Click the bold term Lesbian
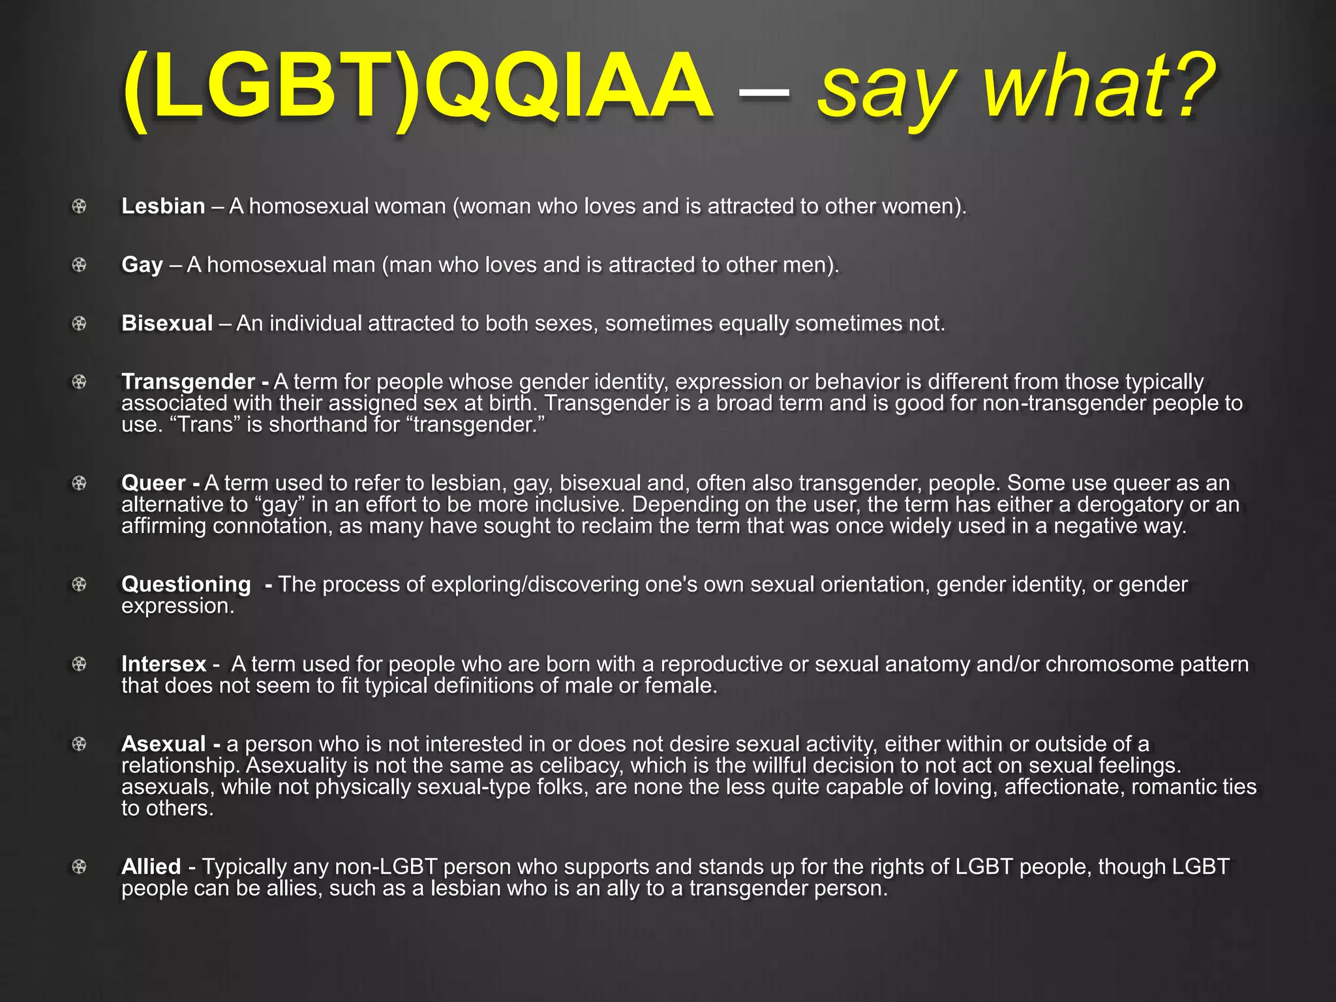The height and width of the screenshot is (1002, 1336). tap(163, 206)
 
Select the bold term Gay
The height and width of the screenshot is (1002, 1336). tap(142, 265)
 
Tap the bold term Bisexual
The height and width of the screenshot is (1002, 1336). tap(167, 324)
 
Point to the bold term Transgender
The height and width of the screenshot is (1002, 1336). tap(188, 382)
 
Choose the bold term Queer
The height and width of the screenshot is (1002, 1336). tap(153, 483)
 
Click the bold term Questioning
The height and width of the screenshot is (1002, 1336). tap(186, 584)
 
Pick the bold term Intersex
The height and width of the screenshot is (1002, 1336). tap(164, 664)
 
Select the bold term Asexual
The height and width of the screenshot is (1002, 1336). tap(164, 744)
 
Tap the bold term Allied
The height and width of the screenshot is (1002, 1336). tap(151, 867)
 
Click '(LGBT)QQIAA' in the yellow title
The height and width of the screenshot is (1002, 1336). tap(417, 88)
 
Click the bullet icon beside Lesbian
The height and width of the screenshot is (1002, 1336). tap(79, 207)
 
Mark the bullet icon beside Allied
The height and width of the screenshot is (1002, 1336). tap(79, 867)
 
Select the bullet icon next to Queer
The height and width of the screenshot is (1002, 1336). tap(79, 483)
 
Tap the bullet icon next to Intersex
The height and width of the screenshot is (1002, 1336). tap(79, 664)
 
